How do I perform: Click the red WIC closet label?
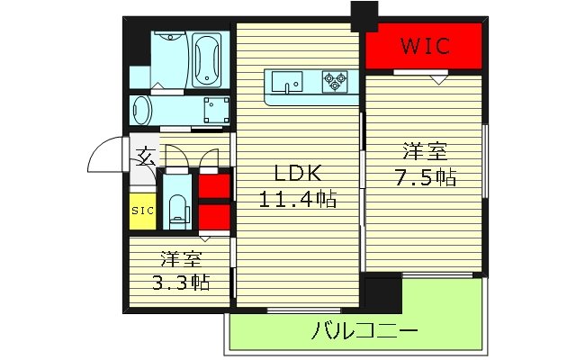click(425, 46)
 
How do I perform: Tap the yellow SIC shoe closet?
click(142, 211)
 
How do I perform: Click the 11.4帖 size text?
click(297, 200)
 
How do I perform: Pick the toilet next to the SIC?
click(177, 207)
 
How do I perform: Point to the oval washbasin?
click(144, 112)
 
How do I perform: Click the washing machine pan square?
click(214, 112)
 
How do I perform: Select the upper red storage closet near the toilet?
click(213, 185)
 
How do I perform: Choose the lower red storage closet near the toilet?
click(213, 217)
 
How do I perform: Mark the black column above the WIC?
click(364, 15)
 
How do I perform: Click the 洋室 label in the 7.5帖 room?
click(425, 151)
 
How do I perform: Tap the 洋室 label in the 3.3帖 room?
click(179, 259)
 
